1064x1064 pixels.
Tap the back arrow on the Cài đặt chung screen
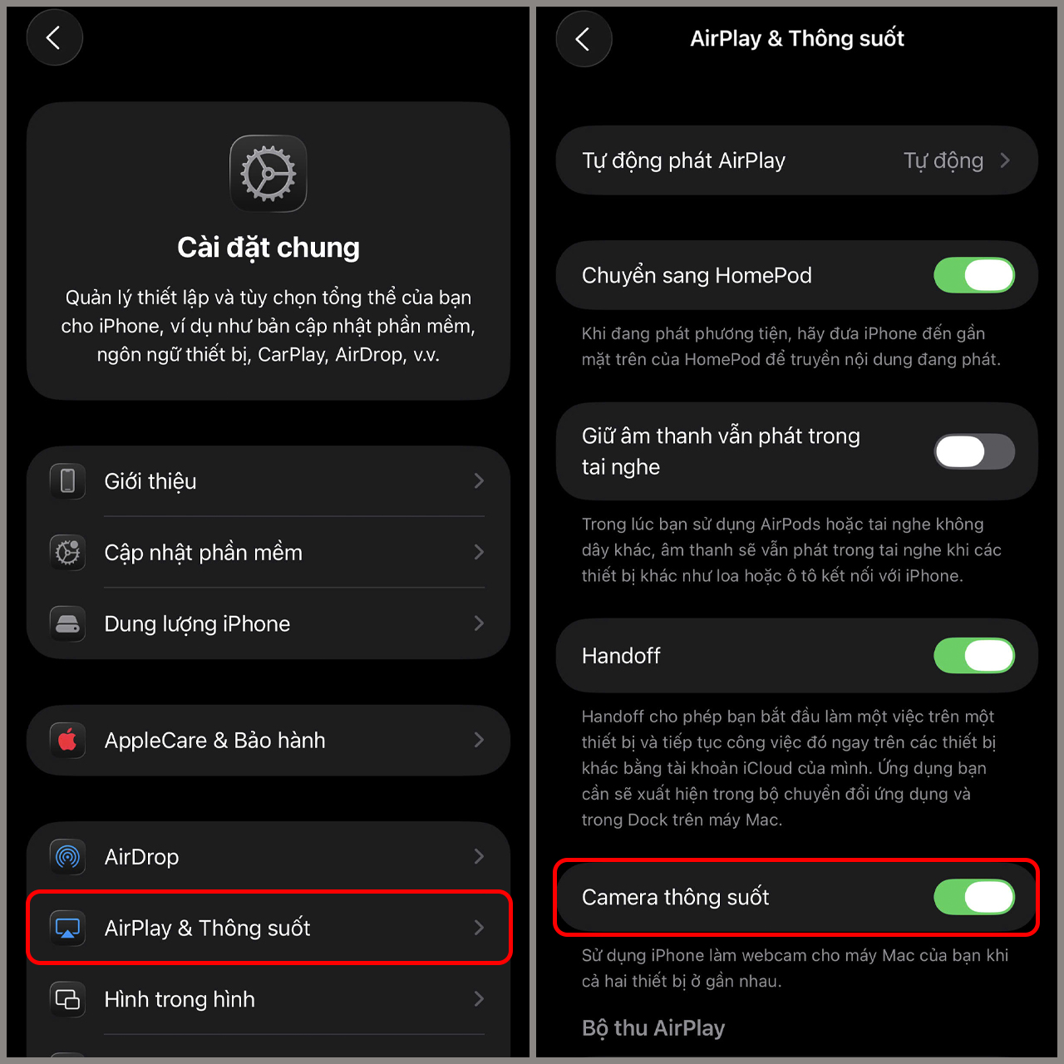click(53, 38)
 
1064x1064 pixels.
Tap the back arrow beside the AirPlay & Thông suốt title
click(583, 38)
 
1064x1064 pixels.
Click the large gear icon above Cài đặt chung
click(268, 174)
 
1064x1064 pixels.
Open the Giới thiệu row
click(268, 481)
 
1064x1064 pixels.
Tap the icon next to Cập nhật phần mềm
click(67, 552)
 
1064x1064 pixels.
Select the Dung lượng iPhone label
click(197, 624)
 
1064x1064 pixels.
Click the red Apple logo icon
click(67, 740)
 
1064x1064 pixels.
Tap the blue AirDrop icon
click(67, 856)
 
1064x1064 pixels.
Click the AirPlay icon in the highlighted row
click(67, 928)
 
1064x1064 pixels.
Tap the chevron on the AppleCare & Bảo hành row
click(480, 740)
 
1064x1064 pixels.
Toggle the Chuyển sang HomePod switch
click(974, 275)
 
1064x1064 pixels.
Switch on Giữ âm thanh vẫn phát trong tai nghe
click(974, 451)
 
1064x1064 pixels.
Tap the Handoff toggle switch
click(974, 655)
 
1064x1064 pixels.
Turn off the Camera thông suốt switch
click(974, 897)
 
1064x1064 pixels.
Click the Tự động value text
click(943, 161)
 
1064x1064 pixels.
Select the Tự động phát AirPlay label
click(683, 161)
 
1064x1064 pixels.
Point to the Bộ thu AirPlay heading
click(653, 1028)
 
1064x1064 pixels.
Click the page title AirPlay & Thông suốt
click(797, 38)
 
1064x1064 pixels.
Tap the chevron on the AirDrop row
click(480, 856)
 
